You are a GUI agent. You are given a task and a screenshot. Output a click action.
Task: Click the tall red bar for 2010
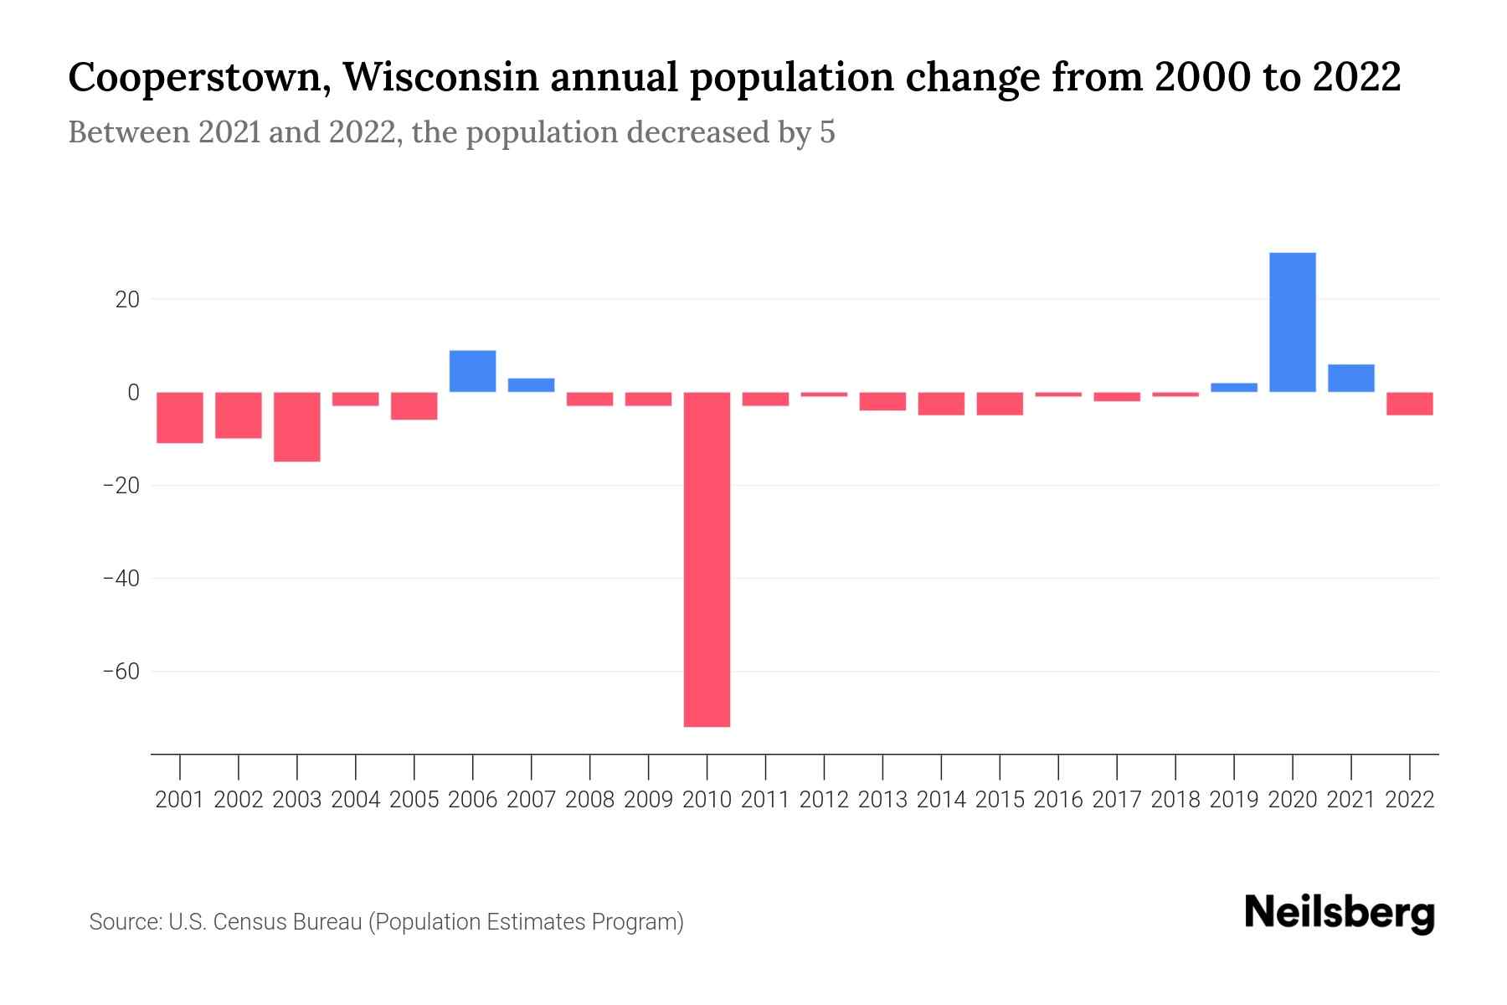pyautogui.click(x=707, y=559)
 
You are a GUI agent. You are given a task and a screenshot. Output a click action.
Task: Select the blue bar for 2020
pyautogui.click(x=1292, y=322)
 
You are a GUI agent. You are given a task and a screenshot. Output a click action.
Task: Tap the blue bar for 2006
pyautogui.click(x=472, y=371)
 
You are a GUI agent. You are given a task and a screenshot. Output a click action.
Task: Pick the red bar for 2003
pyautogui.click(x=297, y=426)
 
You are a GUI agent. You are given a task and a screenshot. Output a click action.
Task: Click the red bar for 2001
pyautogui.click(x=180, y=417)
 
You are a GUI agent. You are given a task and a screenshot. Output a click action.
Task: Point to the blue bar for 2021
pyautogui.click(x=1350, y=379)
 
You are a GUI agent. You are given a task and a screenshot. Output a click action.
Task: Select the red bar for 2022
pyautogui.click(x=1409, y=404)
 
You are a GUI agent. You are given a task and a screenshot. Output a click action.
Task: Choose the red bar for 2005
pyautogui.click(x=414, y=405)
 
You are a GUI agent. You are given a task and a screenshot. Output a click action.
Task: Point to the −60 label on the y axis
pyautogui.click(x=121, y=672)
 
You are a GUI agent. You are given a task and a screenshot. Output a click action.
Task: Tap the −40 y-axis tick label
pyautogui.click(x=121, y=579)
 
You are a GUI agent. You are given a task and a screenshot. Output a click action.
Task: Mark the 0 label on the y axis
pyautogui.click(x=132, y=392)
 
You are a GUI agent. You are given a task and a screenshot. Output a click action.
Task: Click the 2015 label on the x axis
pyautogui.click(x=1000, y=800)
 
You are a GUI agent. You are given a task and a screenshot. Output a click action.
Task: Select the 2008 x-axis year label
pyautogui.click(x=589, y=800)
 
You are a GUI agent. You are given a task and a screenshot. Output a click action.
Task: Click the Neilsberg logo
pyautogui.click(x=1339, y=914)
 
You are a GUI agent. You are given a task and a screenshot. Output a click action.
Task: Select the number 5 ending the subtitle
pyautogui.click(x=826, y=132)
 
